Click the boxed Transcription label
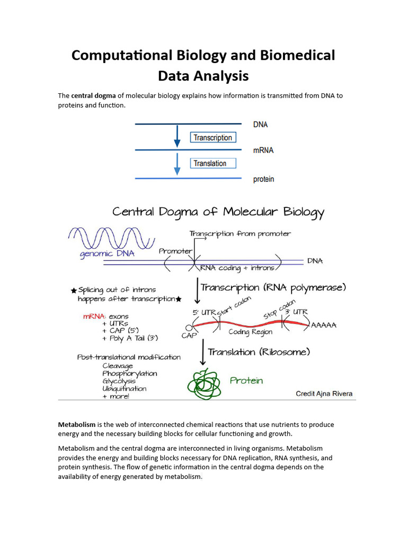click(213, 138)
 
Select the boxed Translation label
click(210, 163)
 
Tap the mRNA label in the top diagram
click(263, 151)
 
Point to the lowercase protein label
click(263, 179)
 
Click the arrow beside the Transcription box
click(177, 137)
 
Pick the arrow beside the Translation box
click(177, 164)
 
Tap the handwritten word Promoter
click(175, 251)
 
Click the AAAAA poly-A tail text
click(323, 325)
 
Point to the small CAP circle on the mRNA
click(189, 327)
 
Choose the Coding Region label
click(251, 332)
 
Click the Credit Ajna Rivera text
click(324, 393)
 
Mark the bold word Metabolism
click(76, 425)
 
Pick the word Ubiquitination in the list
click(125, 388)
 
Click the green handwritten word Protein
click(246, 380)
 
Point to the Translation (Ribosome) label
click(259, 352)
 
